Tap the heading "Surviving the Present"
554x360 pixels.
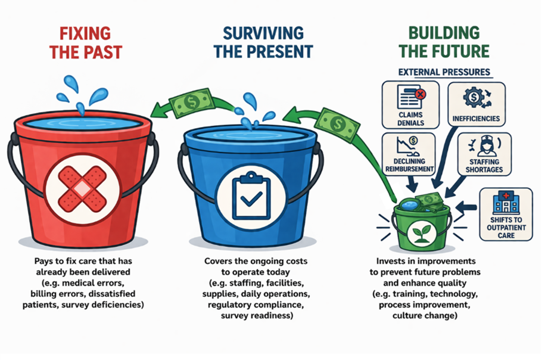coord(263,41)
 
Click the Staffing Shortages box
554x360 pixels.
coord(484,153)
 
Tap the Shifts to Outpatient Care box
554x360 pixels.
coord(505,213)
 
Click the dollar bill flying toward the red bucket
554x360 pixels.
coord(191,102)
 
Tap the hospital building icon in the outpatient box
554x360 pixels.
coord(505,202)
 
